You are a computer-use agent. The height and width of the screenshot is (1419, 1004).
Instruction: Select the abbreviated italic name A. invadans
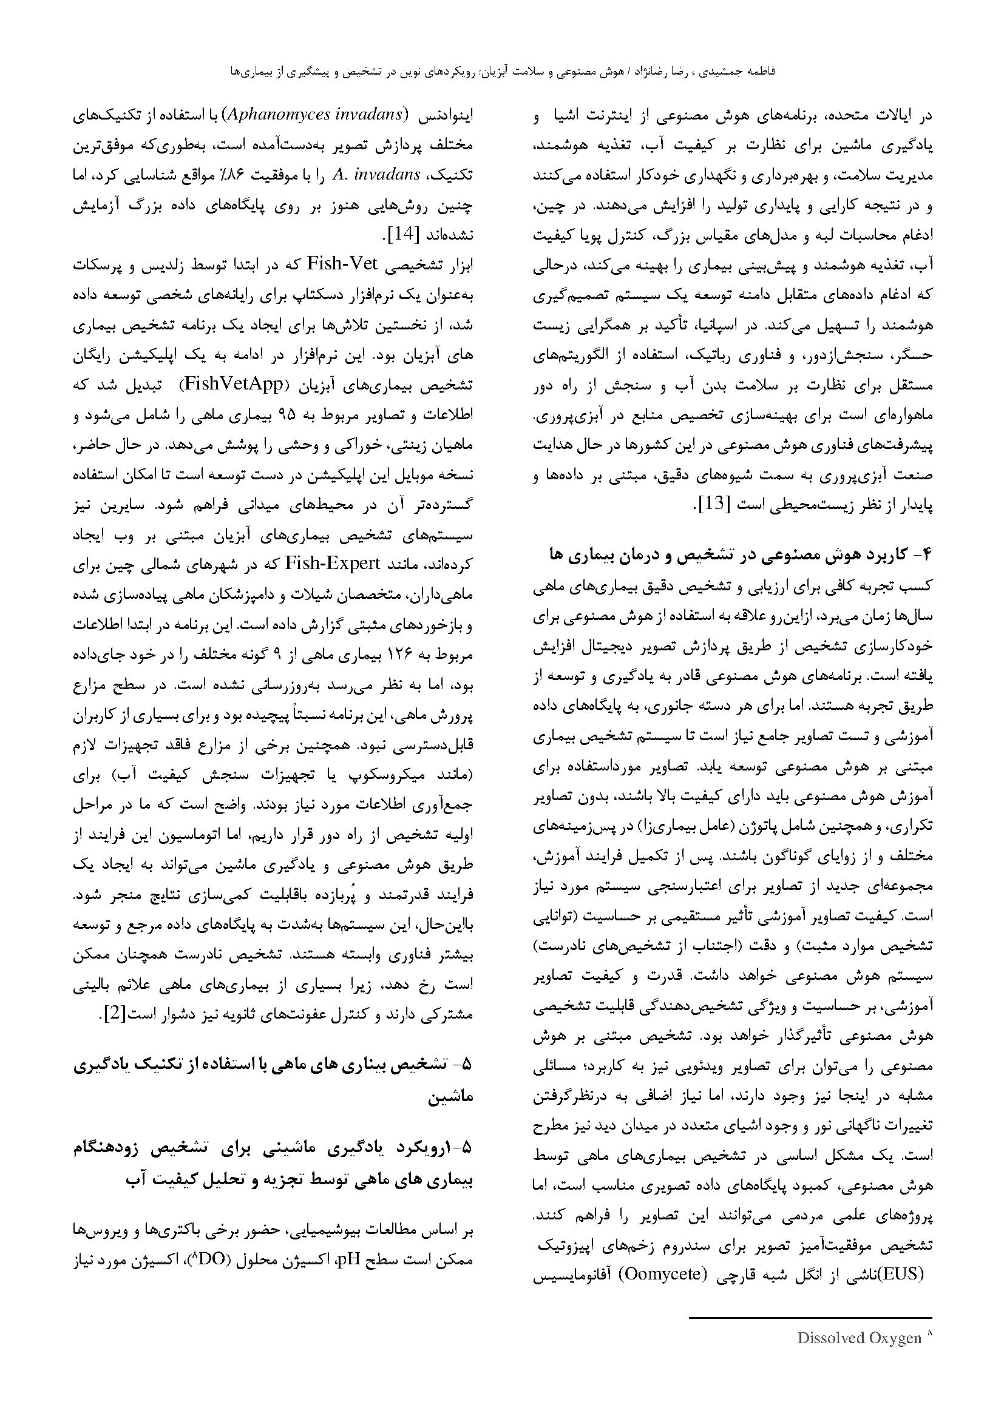point(376,175)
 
